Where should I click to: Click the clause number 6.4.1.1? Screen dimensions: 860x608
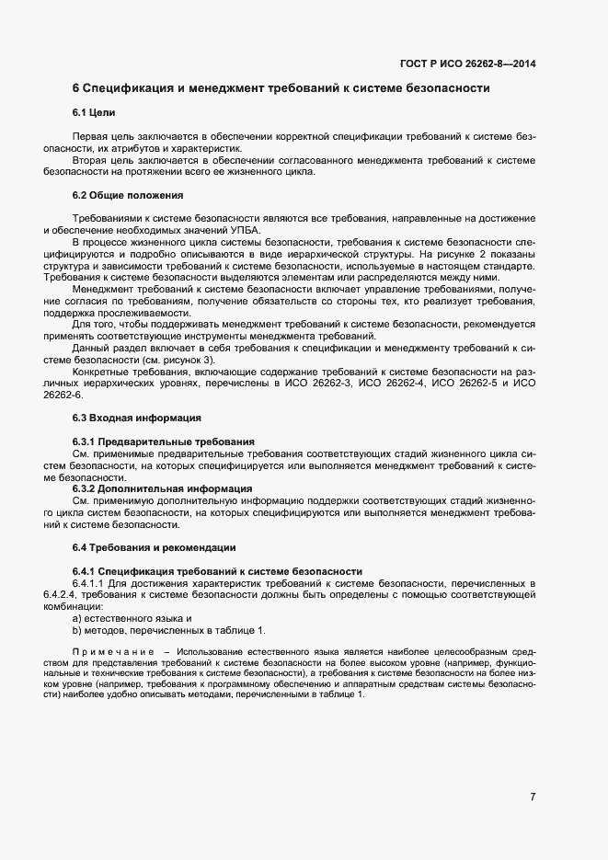pyautogui.click(x=91, y=583)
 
